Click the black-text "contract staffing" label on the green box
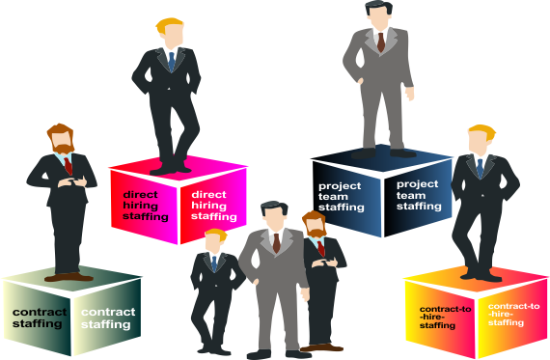[39, 318]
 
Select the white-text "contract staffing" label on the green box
[107, 318]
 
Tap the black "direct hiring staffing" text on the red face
[143, 205]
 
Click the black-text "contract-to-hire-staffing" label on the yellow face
[445, 317]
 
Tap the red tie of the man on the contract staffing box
[69, 166]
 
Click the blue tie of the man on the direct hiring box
[172, 60]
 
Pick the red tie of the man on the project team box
[381, 41]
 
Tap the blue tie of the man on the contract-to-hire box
[479, 167]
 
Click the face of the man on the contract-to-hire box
[480, 141]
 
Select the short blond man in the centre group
[213, 290]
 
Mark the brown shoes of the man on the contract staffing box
[69, 276]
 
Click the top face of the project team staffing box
[378, 158]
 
